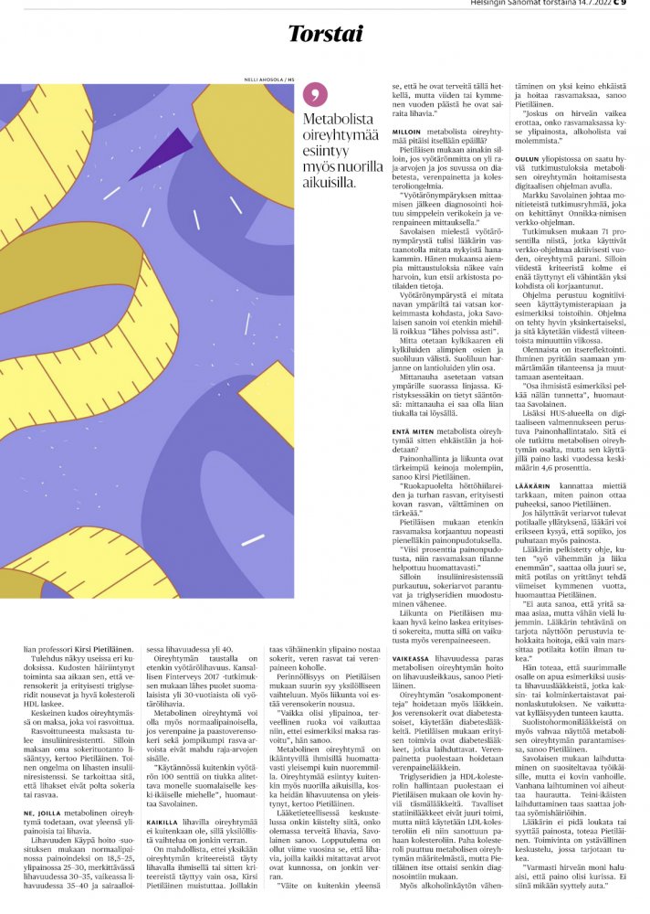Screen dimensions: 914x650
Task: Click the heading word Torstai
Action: [325, 34]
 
